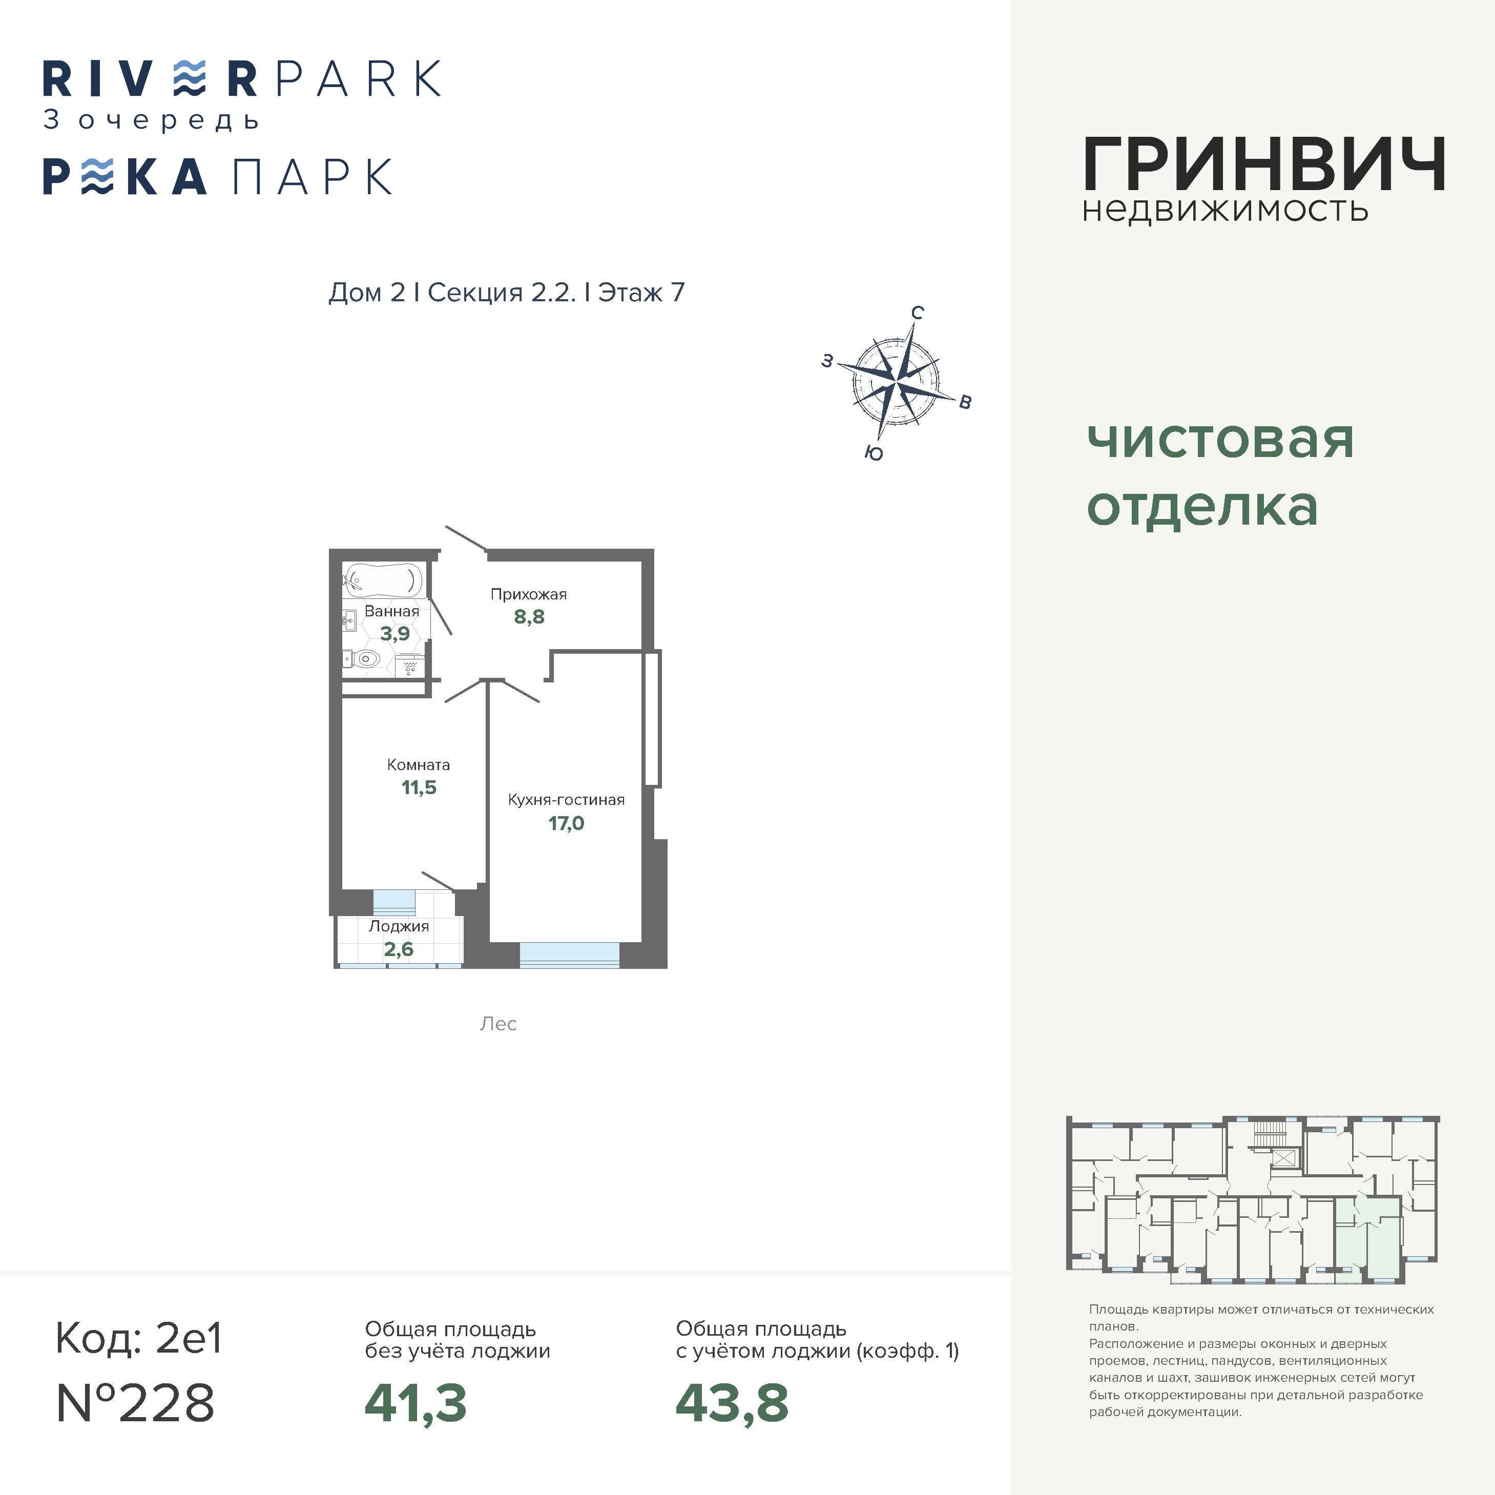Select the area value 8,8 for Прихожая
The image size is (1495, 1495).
(x=529, y=617)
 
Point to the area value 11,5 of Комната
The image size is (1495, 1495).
(x=419, y=788)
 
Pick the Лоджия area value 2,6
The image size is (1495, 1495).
(x=399, y=949)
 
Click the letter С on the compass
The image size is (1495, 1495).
(x=917, y=313)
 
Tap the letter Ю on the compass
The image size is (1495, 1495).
(x=874, y=453)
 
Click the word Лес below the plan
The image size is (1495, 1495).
(x=499, y=1024)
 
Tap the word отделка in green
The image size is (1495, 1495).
(x=1202, y=508)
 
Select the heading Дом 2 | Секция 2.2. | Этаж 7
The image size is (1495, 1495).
(x=507, y=293)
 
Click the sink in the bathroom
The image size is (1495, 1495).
(x=350, y=620)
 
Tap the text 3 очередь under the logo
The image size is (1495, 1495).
(x=151, y=120)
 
